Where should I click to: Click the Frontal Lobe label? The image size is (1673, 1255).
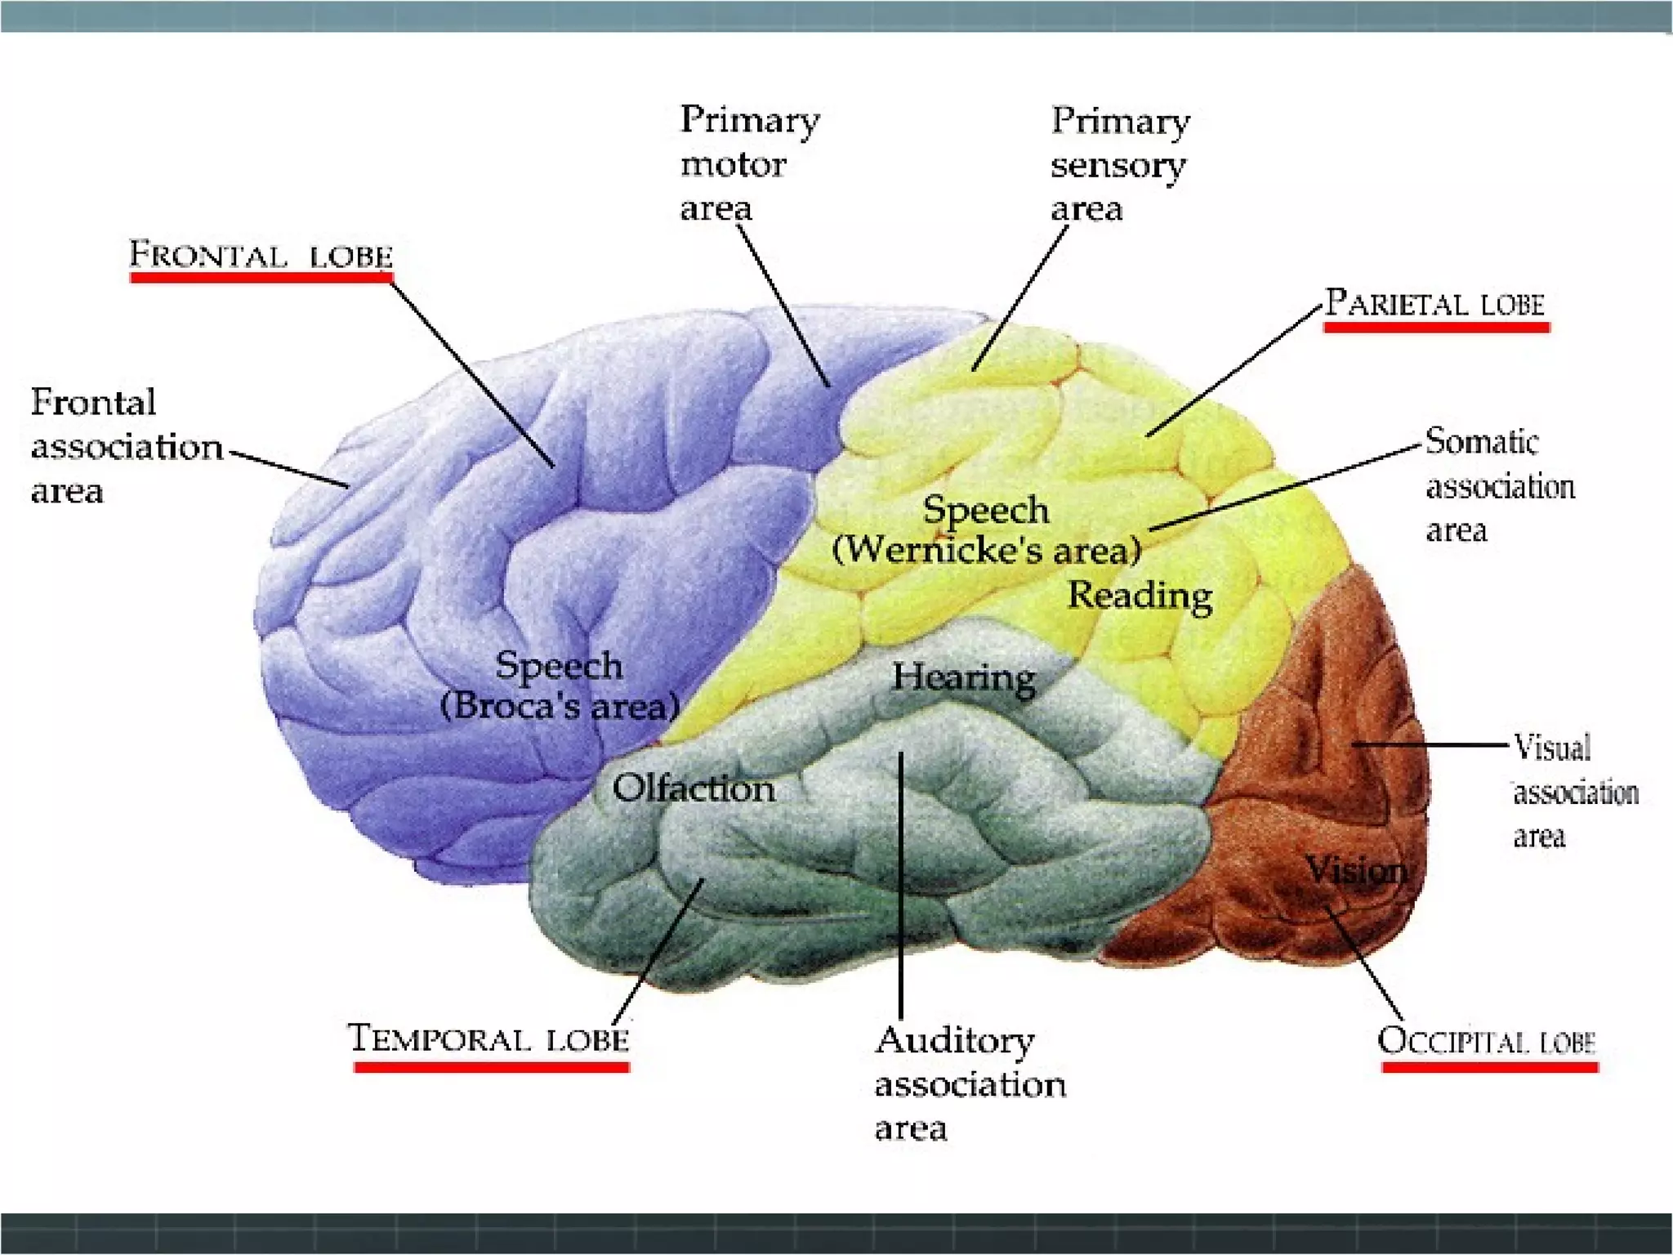click(x=261, y=255)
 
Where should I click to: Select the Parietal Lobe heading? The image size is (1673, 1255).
click(x=1434, y=303)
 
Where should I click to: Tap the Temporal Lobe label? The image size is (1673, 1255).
click(x=489, y=1039)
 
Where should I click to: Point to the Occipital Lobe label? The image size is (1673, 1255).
click(x=1486, y=1041)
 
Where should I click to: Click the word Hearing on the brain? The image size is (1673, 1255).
click(x=964, y=677)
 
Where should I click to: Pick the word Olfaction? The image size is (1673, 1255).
click(x=694, y=788)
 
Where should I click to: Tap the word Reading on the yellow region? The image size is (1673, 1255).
click(x=1140, y=596)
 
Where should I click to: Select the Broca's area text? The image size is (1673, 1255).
click(x=560, y=705)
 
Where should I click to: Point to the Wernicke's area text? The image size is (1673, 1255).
click(x=987, y=549)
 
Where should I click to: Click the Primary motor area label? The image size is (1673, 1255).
click(x=749, y=163)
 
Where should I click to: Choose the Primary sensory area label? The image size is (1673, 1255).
click(x=1119, y=164)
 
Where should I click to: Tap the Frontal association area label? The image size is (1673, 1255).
click(x=126, y=447)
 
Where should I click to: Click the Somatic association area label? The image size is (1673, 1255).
click(x=1500, y=486)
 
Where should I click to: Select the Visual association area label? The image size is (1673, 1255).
click(x=1575, y=792)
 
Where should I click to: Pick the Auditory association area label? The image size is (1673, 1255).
click(x=970, y=1083)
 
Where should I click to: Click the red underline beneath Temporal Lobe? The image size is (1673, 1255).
click(x=492, y=1066)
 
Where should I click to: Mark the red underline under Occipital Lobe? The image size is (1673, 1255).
click(x=1489, y=1067)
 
